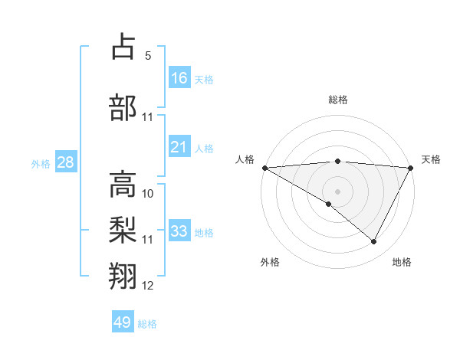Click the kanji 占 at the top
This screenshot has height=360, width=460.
point(124,47)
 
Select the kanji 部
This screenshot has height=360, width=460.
point(124,106)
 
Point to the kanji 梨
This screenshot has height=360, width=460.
point(124,229)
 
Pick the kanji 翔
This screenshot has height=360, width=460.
point(124,276)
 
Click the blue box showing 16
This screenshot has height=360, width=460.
point(179,78)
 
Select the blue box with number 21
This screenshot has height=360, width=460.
point(179,147)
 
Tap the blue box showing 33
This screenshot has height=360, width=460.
point(179,231)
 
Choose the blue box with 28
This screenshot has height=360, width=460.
point(65,162)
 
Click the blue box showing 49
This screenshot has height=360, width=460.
point(123,322)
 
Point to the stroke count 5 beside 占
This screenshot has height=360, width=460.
point(148,56)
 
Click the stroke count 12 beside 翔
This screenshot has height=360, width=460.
point(148,286)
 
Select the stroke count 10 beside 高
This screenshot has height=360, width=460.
point(148,193)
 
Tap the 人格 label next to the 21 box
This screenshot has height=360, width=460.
point(204,148)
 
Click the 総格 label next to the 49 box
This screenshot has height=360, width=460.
point(147,323)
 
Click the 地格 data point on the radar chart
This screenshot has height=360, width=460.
point(374,242)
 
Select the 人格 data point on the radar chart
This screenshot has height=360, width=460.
point(264,168)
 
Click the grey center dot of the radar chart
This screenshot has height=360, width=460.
point(337,191)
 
